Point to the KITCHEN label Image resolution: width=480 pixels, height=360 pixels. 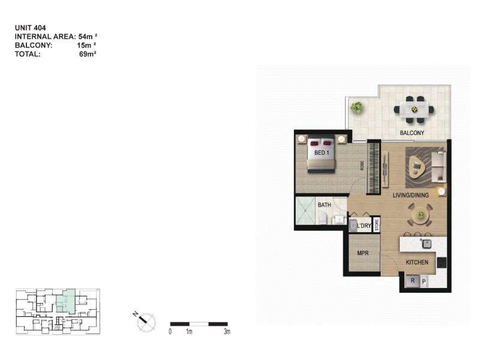417,263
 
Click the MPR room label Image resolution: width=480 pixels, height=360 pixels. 363,254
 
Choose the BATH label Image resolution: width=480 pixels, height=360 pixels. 325,205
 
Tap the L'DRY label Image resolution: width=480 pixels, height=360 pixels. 364,226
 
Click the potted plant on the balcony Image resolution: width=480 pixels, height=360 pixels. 357,108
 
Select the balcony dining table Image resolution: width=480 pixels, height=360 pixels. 413,109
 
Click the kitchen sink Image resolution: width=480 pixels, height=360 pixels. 427,243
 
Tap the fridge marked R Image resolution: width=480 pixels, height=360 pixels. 412,280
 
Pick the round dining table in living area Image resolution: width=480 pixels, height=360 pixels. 419,214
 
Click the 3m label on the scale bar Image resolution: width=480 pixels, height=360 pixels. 227,331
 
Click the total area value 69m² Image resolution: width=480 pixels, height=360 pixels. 88,54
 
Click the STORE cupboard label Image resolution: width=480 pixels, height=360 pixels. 377,226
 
